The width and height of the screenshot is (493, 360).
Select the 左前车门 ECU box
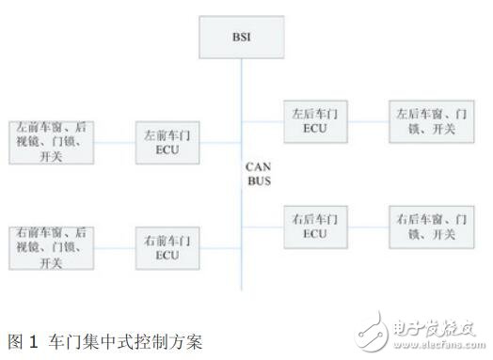point(166,142)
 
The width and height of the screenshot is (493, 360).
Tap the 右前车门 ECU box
point(166,247)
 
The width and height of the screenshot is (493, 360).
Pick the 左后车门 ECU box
point(316,121)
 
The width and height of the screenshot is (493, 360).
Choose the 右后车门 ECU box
point(316,227)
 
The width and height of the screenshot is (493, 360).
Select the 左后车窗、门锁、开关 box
point(428,121)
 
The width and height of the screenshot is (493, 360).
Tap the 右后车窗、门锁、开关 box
point(428,227)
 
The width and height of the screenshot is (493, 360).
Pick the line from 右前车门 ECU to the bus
point(218,247)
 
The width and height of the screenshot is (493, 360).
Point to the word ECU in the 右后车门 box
point(316,233)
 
